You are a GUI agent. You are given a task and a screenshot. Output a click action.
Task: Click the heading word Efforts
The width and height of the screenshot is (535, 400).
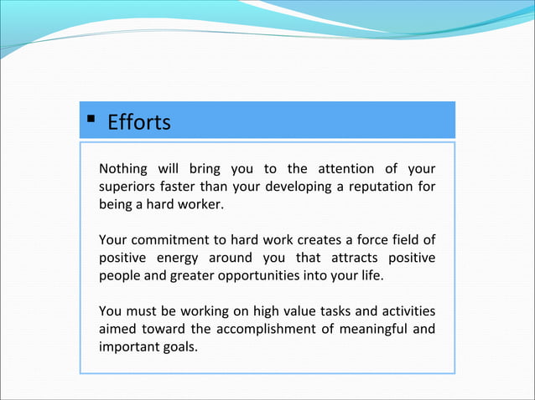point(139,123)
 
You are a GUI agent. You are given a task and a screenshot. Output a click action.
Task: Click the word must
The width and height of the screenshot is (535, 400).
point(144,312)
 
